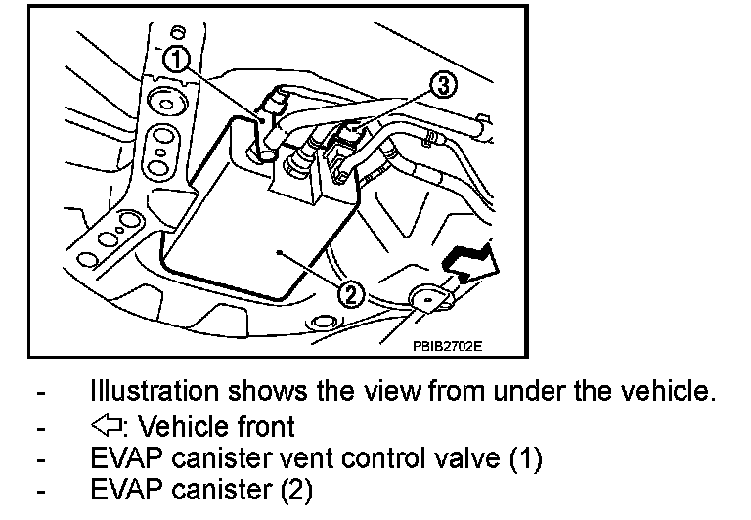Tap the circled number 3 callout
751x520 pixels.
(442, 87)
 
